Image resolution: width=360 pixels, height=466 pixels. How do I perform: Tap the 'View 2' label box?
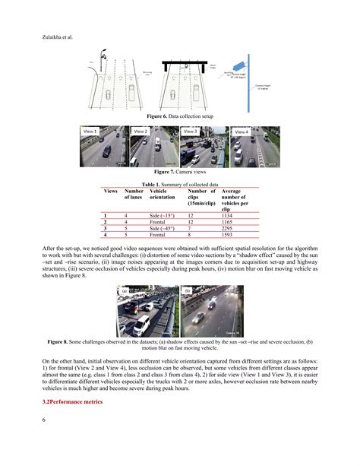[x=141, y=132]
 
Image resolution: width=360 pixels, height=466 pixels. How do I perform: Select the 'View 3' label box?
[x=190, y=132]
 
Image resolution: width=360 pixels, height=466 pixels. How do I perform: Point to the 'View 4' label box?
[x=241, y=132]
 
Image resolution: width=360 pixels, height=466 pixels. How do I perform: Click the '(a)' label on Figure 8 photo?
[x=125, y=291]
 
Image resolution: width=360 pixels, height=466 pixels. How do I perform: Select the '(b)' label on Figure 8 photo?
[x=187, y=291]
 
